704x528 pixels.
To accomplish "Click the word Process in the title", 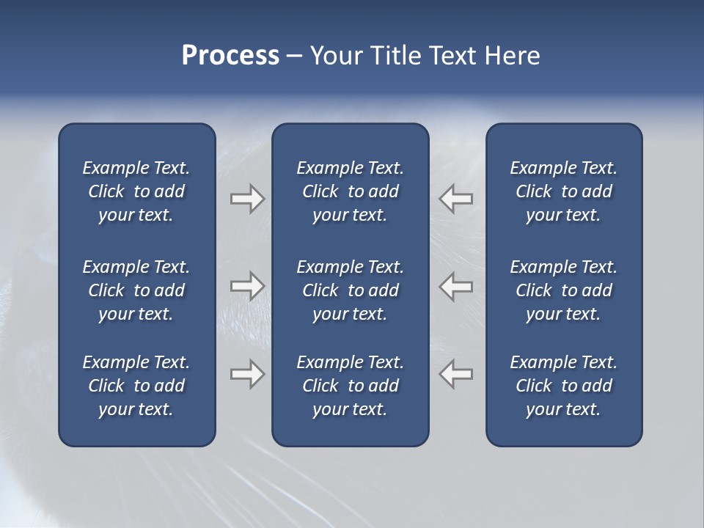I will click(230, 56).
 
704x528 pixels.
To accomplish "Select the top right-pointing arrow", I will click(247, 199).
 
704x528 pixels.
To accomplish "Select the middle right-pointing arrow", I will click(247, 286).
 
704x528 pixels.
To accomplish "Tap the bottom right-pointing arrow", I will click(247, 374).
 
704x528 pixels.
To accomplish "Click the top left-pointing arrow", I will click(456, 199).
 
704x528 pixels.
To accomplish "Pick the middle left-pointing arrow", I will click(456, 286).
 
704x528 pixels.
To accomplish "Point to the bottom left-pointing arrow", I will click(456, 374).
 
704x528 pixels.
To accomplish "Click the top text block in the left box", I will click(136, 191).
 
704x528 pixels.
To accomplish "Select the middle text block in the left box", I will click(136, 290).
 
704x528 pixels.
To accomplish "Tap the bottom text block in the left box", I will click(136, 386).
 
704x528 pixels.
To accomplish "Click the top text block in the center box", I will click(351, 191).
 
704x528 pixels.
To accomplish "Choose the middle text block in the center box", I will click(351, 290).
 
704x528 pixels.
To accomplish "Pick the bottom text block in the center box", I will click(351, 386).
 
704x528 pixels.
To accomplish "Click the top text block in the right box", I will click(564, 191).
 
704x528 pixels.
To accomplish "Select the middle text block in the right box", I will click(564, 290).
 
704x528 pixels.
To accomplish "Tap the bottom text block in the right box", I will click(564, 386).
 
